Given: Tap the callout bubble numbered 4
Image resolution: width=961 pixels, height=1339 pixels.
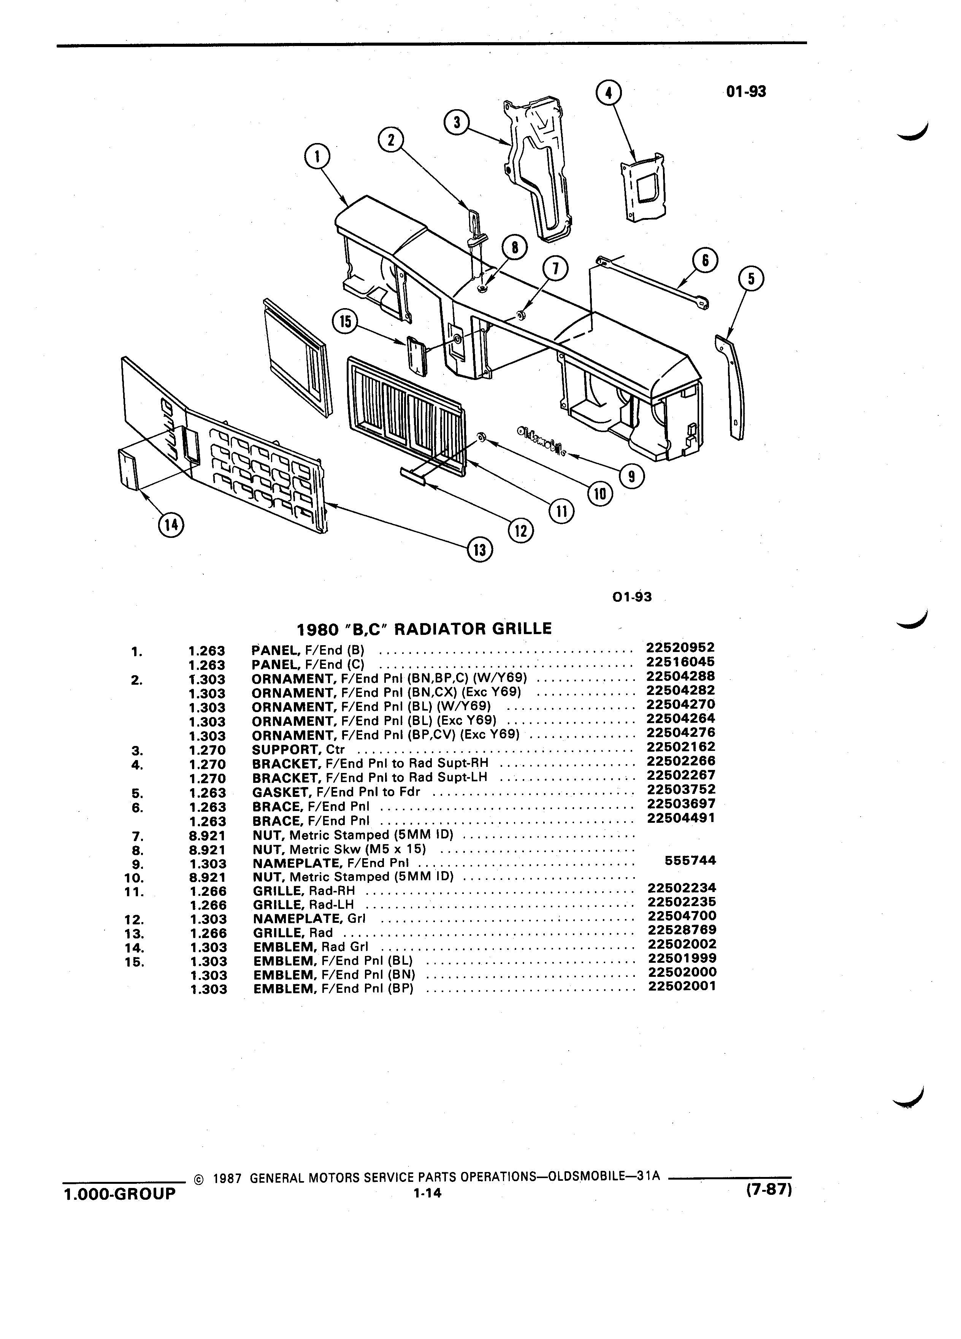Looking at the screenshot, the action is click(609, 93).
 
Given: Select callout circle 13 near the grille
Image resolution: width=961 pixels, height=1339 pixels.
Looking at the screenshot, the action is click(480, 550).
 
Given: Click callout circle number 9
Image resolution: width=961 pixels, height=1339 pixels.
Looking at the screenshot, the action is click(632, 476).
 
